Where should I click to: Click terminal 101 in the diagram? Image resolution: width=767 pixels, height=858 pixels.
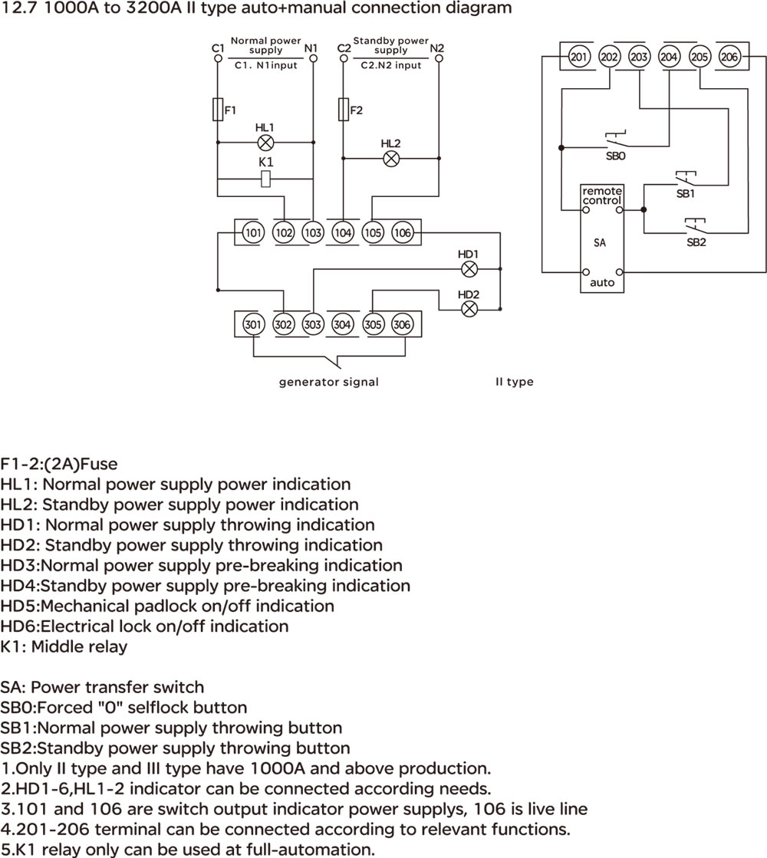(253, 232)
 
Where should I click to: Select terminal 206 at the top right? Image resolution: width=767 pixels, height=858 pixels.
(729, 57)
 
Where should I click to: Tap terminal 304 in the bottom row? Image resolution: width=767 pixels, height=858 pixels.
(342, 324)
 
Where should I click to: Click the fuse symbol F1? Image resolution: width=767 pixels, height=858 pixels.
(218, 110)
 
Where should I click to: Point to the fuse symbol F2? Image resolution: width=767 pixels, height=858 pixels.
(344, 110)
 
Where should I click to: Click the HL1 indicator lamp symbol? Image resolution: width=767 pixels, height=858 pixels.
(265, 143)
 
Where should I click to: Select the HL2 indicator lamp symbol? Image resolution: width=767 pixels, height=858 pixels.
(391, 159)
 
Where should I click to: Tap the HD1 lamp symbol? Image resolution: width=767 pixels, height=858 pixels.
(469, 268)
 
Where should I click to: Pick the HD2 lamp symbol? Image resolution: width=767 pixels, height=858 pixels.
(469, 309)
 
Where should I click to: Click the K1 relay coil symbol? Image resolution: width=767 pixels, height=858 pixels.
(265, 179)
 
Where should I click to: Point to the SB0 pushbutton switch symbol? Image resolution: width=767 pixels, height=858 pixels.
(616, 140)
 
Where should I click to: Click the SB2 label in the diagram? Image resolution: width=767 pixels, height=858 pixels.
(696, 242)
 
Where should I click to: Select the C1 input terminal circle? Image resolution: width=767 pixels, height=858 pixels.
(218, 58)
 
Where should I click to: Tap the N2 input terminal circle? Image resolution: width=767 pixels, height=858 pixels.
(439, 58)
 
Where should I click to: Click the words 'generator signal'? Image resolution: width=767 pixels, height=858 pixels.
(328, 382)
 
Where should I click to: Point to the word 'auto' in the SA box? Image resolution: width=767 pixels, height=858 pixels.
(602, 283)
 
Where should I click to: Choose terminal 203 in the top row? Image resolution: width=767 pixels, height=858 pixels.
(639, 57)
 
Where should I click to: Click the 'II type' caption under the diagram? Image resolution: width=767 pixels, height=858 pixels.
(514, 382)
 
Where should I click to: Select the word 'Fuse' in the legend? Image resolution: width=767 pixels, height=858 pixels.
(99, 464)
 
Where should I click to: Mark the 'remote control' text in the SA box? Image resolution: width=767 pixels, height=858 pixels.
(601, 196)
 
